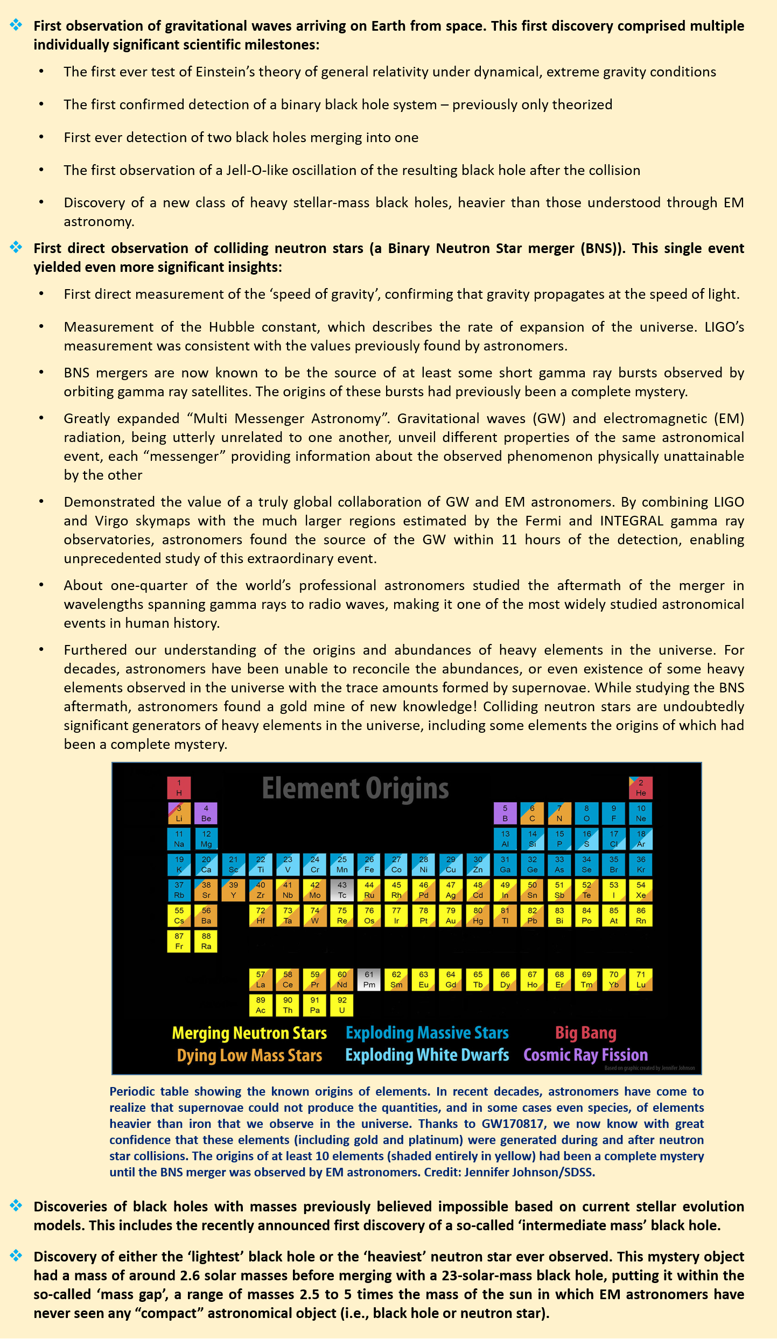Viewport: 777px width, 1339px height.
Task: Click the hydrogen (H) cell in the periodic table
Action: tap(179, 787)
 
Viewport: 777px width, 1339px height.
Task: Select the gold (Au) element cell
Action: tap(451, 915)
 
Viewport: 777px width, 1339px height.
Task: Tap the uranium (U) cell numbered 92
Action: tap(342, 1005)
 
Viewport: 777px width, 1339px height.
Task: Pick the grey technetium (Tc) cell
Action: tap(342, 889)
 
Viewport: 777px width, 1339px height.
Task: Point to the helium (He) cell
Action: tap(641, 787)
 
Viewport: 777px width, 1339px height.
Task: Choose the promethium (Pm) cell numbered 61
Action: tap(369, 979)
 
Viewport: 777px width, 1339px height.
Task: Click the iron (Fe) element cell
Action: tap(369, 864)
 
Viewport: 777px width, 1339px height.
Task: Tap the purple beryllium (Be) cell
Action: tap(206, 813)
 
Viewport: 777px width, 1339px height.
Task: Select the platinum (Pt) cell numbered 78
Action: tap(424, 915)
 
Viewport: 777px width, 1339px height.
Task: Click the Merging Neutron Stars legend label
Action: tap(249, 1033)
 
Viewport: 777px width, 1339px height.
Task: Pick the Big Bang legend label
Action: tap(585, 1033)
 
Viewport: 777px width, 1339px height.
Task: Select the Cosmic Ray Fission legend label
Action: tap(585, 1055)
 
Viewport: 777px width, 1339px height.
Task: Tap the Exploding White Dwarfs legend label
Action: tap(427, 1055)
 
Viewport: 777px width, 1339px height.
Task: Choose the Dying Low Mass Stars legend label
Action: tap(249, 1055)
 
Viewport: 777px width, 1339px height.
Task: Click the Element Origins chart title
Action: tap(355, 789)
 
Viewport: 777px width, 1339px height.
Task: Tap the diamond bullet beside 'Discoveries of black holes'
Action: tap(16, 1205)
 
